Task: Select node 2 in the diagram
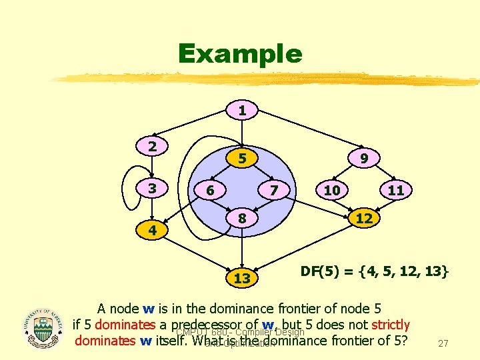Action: click(153, 146)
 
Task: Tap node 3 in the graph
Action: click(153, 189)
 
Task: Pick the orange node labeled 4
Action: click(153, 231)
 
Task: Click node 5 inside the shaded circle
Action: click(243, 159)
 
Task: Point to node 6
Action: click(209, 190)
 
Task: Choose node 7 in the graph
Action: click(274, 190)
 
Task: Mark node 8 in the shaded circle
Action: click(243, 218)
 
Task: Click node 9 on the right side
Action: click(364, 159)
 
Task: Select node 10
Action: click(331, 190)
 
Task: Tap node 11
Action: click(396, 190)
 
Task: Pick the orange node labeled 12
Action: click(364, 218)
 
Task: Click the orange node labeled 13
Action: click(243, 278)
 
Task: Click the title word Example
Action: click(240, 53)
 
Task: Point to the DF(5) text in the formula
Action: click(323, 271)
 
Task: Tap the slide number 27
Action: click(441, 344)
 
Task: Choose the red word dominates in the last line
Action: click(106, 341)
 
